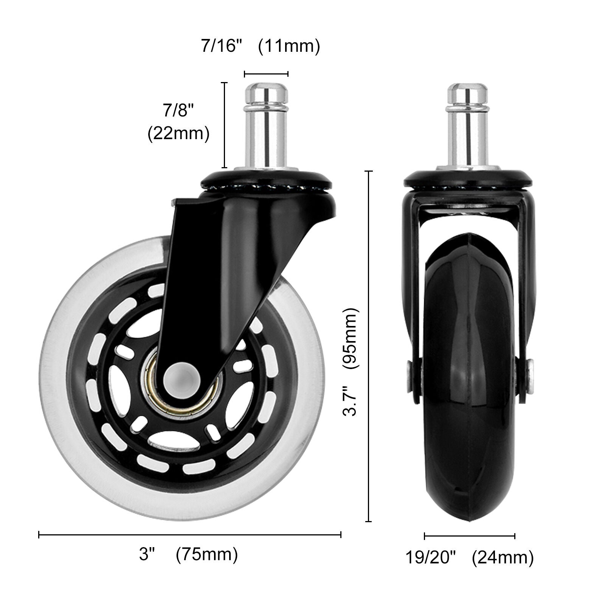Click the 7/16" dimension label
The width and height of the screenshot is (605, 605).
[x=221, y=46]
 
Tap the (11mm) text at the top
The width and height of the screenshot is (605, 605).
[x=289, y=46]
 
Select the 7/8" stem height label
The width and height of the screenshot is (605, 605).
[x=178, y=111]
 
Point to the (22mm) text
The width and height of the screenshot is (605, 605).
[x=178, y=133]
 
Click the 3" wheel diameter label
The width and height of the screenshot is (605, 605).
[x=147, y=555]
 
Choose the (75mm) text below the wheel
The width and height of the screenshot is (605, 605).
[x=207, y=555]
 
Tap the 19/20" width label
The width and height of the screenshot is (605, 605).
[x=431, y=557]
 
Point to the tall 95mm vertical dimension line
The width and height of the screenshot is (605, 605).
[x=369, y=346]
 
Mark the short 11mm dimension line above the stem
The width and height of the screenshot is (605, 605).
[x=266, y=74]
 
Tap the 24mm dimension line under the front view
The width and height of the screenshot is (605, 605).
[x=469, y=536]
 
